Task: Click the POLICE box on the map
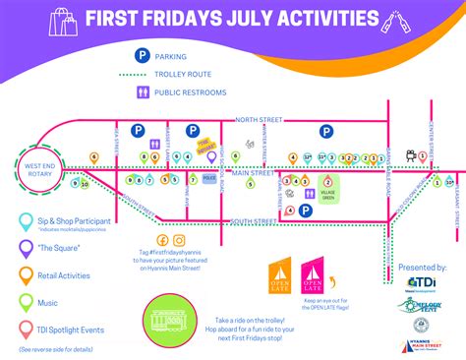[209, 179]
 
